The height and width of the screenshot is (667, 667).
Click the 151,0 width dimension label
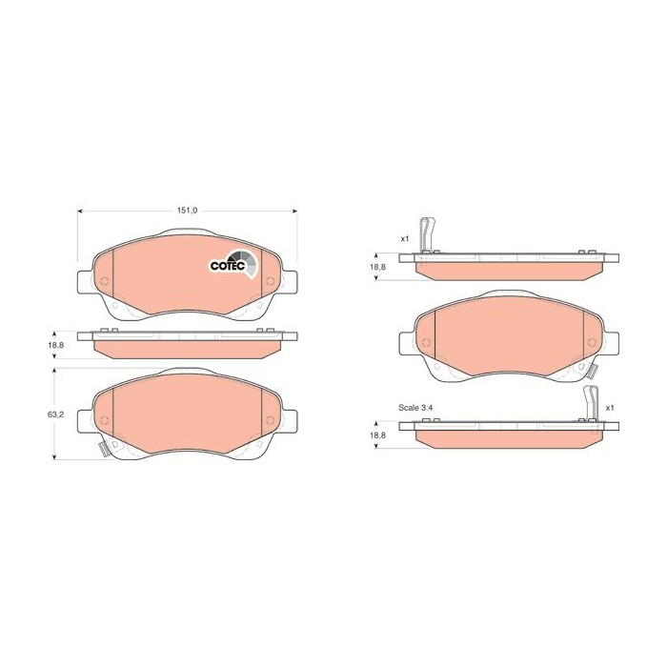pos(186,211)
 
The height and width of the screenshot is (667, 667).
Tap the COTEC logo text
pos(229,264)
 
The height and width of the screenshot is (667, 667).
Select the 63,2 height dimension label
pos(55,415)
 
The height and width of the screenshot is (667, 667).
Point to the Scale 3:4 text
pos(417,407)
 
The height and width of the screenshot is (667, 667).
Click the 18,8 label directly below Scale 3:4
pos(378,435)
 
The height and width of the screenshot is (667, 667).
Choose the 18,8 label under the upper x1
pos(378,267)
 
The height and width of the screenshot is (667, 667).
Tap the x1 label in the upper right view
pos(404,238)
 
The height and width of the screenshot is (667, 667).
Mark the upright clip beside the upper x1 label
pos(432,234)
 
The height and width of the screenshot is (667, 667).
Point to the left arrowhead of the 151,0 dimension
pos(79,211)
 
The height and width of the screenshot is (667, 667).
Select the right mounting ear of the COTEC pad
pos(288,283)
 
